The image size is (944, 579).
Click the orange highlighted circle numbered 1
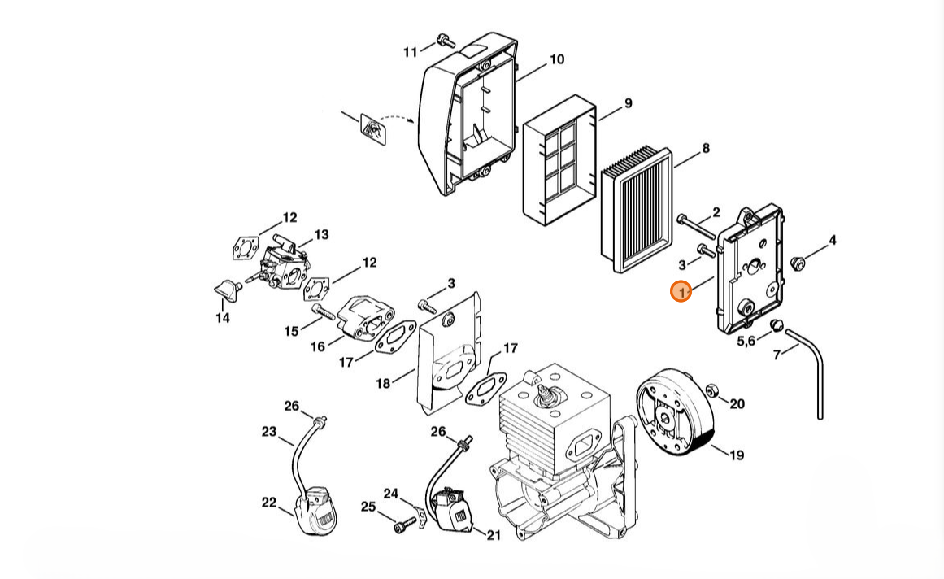[681, 290]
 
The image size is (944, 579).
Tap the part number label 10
[556, 59]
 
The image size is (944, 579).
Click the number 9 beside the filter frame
[628, 103]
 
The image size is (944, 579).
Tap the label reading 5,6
[746, 340]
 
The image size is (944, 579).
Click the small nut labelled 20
[713, 390]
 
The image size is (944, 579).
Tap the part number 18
[383, 381]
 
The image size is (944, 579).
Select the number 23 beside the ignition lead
[269, 432]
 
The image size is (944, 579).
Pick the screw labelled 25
[400, 527]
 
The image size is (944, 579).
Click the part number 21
[494, 534]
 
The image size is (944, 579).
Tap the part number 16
[318, 346]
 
